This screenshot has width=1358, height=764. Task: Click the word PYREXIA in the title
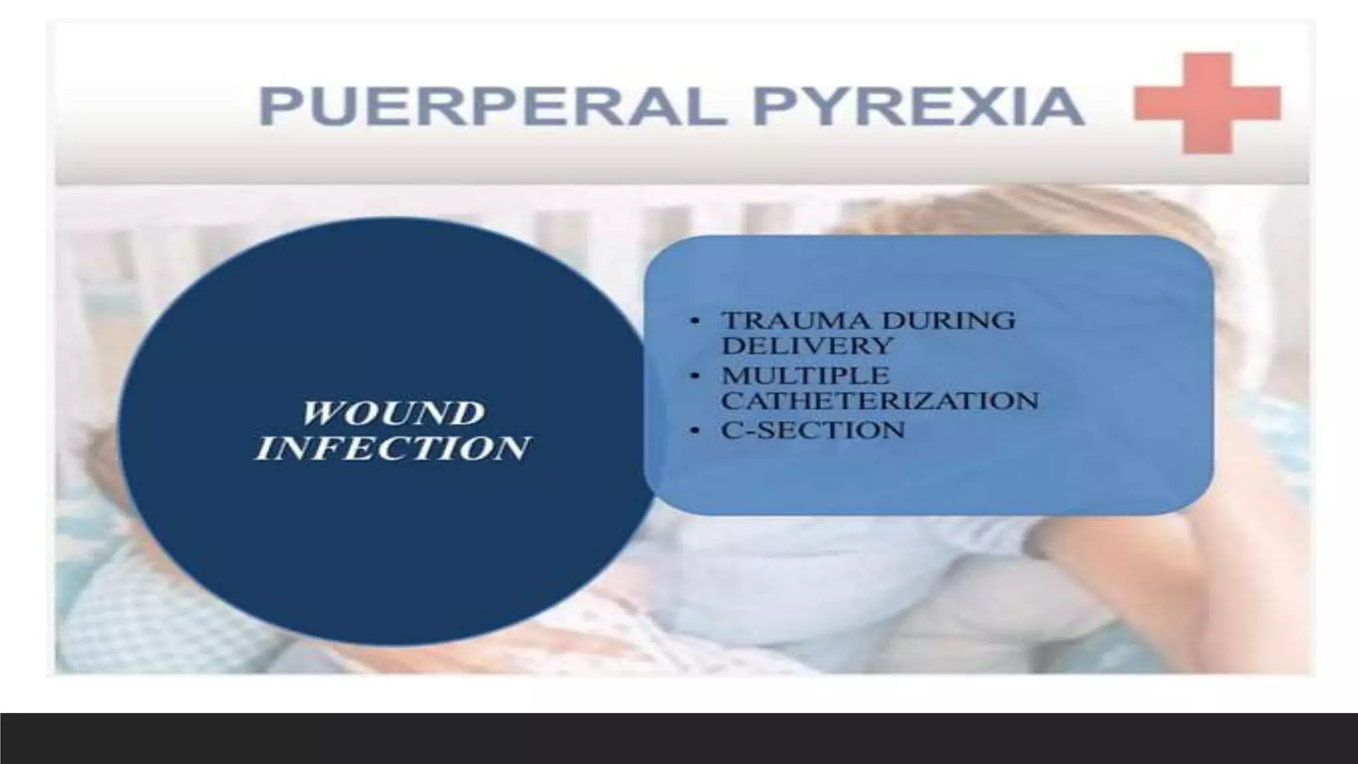pyautogui.click(x=919, y=107)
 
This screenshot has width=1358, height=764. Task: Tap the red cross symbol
pyautogui.click(x=1207, y=103)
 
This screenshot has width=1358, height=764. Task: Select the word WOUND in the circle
pyautogui.click(x=393, y=414)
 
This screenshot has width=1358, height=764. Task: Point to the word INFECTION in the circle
pyautogui.click(x=393, y=448)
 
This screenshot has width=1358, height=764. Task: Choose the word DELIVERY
pyautogui.click(x=808, y=346)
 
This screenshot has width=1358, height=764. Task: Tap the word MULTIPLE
pyautogui.click(x=806, y=375)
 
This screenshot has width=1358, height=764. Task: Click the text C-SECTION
pyautogui.click(x=813, y=430)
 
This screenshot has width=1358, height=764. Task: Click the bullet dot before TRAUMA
pyautogui.click(x=695, y=321)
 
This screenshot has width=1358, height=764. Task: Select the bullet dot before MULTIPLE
pyautogui.click(x=695, y=376)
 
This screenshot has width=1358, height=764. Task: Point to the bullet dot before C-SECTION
pyautogui.click(x=695, y=430)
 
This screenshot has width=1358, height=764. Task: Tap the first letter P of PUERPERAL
pyautogui.click(x=278, y=107)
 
